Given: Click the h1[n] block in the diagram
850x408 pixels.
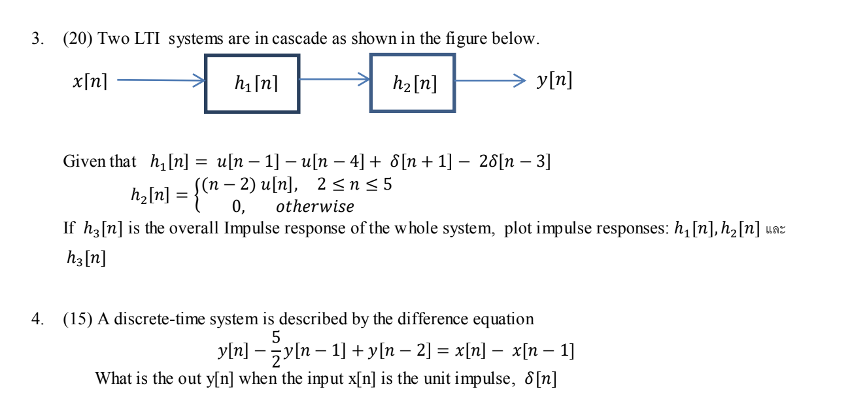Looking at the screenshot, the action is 252,83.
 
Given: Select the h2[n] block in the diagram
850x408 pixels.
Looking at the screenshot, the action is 413,83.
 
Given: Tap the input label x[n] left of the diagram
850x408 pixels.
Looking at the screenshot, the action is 90,82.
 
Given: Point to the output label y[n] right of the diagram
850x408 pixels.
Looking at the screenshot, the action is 554,80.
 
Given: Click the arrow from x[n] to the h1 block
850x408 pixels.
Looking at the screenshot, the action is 160,80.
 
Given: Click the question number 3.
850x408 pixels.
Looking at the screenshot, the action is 37,39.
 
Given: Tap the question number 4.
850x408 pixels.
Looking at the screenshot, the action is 37,319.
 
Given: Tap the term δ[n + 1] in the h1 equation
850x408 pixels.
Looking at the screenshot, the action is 420,161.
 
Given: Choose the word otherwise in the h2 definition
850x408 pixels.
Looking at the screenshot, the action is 314,207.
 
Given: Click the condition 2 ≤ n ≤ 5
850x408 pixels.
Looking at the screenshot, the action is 354,185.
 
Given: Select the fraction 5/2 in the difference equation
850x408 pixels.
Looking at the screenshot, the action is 276,349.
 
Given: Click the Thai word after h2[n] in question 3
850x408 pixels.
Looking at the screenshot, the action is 775,230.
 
